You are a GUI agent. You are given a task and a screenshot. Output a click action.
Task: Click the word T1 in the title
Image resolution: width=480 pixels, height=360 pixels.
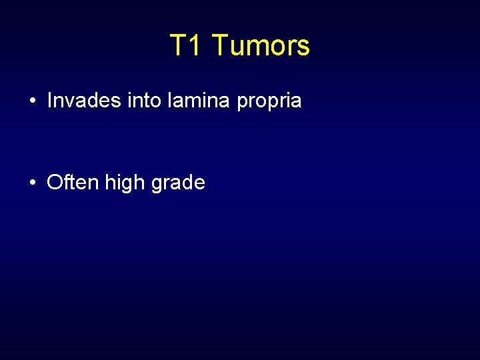pos(187,46)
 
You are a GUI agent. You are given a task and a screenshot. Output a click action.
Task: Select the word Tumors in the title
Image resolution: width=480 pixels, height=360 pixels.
pos(261,46)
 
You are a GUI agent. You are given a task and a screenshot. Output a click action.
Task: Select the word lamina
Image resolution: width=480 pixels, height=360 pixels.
pos(185,101)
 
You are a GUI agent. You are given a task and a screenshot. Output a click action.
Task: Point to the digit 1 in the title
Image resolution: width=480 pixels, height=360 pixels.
pos(195,46)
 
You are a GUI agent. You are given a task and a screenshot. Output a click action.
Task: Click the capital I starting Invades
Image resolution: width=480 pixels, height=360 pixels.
pos(50,101)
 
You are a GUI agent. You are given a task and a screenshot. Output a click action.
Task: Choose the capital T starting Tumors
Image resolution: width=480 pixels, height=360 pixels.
pos(219,46)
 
